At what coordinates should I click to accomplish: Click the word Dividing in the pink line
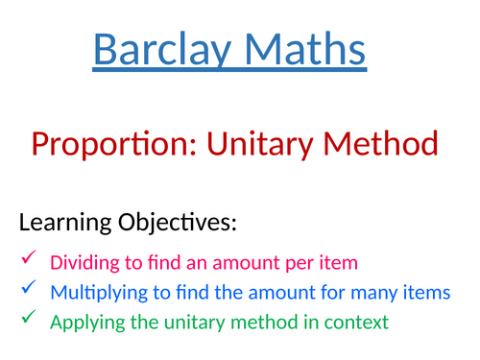pyautogui.click(x=82, y=262)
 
